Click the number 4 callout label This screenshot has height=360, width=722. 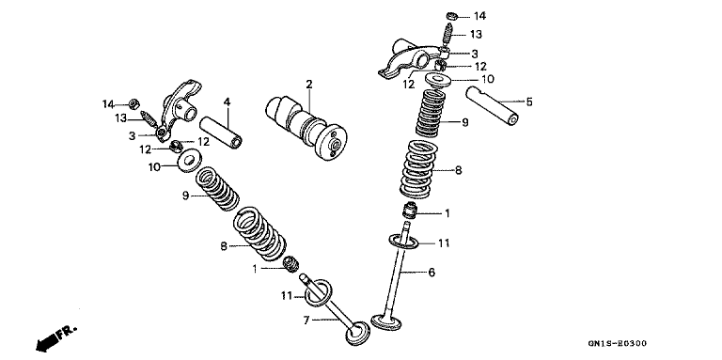click(227, 102)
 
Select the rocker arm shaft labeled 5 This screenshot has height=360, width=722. click(493, 106)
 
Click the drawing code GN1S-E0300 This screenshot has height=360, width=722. click(617, 343)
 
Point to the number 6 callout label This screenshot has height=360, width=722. click(432, 272)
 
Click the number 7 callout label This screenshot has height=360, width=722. click(306, 320)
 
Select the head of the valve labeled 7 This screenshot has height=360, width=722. click(358, 334)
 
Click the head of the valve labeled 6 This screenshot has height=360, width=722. click(385, 321)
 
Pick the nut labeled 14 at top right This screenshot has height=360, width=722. click(452, 17)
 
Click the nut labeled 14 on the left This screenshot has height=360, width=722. click(134, 104)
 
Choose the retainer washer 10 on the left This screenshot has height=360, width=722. click(189, 161)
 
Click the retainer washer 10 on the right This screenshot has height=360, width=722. click(437, 80)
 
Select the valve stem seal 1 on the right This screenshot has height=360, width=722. click(410, 211)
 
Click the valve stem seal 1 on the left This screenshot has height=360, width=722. click(291, 264)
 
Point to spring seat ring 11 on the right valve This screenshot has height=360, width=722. click(404, 242)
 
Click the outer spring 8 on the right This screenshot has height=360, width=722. click(419, 170)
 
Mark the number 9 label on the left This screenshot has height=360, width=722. click(185, 196)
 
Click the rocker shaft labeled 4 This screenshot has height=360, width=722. click(221, 133)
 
